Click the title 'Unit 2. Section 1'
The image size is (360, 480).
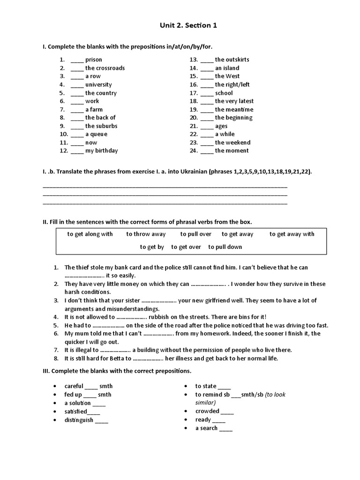pyautogui.click(x=180, y=26)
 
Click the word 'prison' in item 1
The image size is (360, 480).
pyautogui.click(x=93, y=60)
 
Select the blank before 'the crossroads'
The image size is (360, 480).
pyautogui.click(x=77, y=68)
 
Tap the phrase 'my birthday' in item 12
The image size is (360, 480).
pyautogui.click(x=101, y=150)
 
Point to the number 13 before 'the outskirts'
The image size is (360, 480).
pyautogui.click(x=194, y=60)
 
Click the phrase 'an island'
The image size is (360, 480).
pyautogui.click(x=227, y=68)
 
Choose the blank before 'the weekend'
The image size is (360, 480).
pyautogui.click(x=207, y=143)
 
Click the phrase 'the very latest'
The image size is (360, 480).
pyautogui.click(x=234, y=101)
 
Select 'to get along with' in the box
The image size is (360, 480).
pyautogui.click(x=90, y=234)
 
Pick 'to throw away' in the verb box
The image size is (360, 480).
pyautogui.click(x=146, y=234)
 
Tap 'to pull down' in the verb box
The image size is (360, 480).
pyautogui.click(x=225, y=247)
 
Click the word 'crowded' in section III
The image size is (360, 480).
pyautogui.click(x=207, y=411)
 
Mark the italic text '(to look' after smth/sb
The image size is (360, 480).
pyautogui.click(x=275, y=394)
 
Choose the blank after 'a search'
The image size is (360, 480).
pyautogui.click(x=225, y=428)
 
